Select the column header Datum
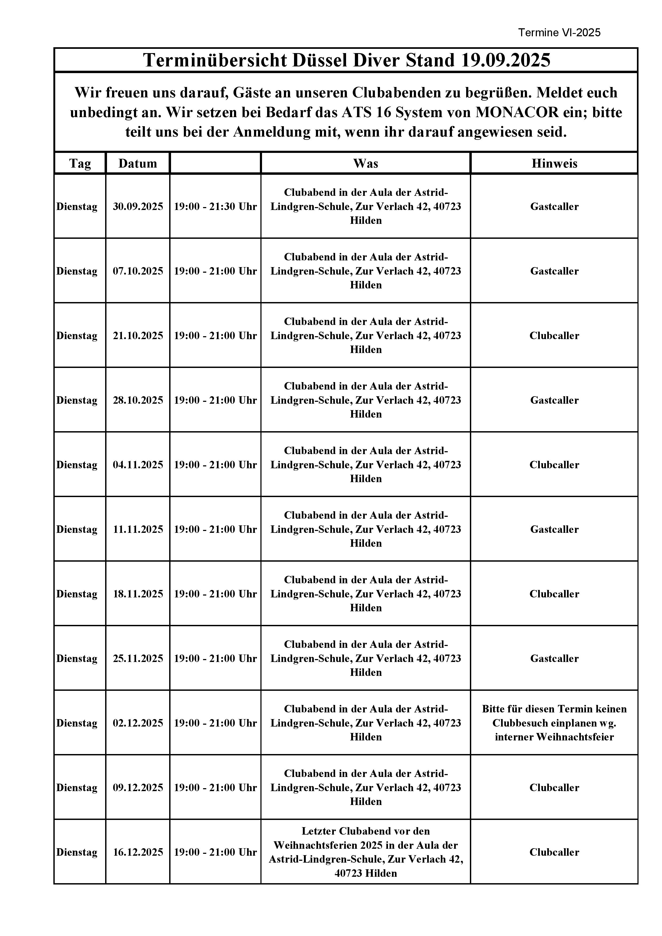click(x=137, y=164)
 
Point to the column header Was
click(x=366, y=164)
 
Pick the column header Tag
click(x=80, y=164)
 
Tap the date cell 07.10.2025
click(x=138, y=271)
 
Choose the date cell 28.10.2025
click(x=138, y=400)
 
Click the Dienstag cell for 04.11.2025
click(x=77, y=465)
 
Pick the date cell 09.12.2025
click(x=138, y=788)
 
